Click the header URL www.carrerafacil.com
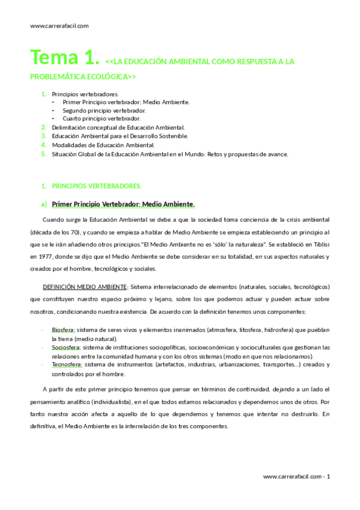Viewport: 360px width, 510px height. [59, 26]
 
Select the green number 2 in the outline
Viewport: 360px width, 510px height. [43, 127]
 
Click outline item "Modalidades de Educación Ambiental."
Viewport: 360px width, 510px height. [103, 145]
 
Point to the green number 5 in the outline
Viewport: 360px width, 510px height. [43, 154]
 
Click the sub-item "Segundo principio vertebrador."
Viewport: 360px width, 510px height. [104, 111]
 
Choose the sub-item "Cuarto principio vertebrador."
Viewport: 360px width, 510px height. [102, 119]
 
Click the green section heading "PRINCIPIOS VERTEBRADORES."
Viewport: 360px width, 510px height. [96, 186]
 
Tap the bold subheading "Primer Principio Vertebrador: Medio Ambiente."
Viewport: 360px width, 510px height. [123, 203]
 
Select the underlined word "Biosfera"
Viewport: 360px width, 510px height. [63, 330]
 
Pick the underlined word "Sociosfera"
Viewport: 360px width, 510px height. [66, 348]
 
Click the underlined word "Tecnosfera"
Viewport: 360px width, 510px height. [66, 364]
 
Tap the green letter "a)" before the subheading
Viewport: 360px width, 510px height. [44, 203]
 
